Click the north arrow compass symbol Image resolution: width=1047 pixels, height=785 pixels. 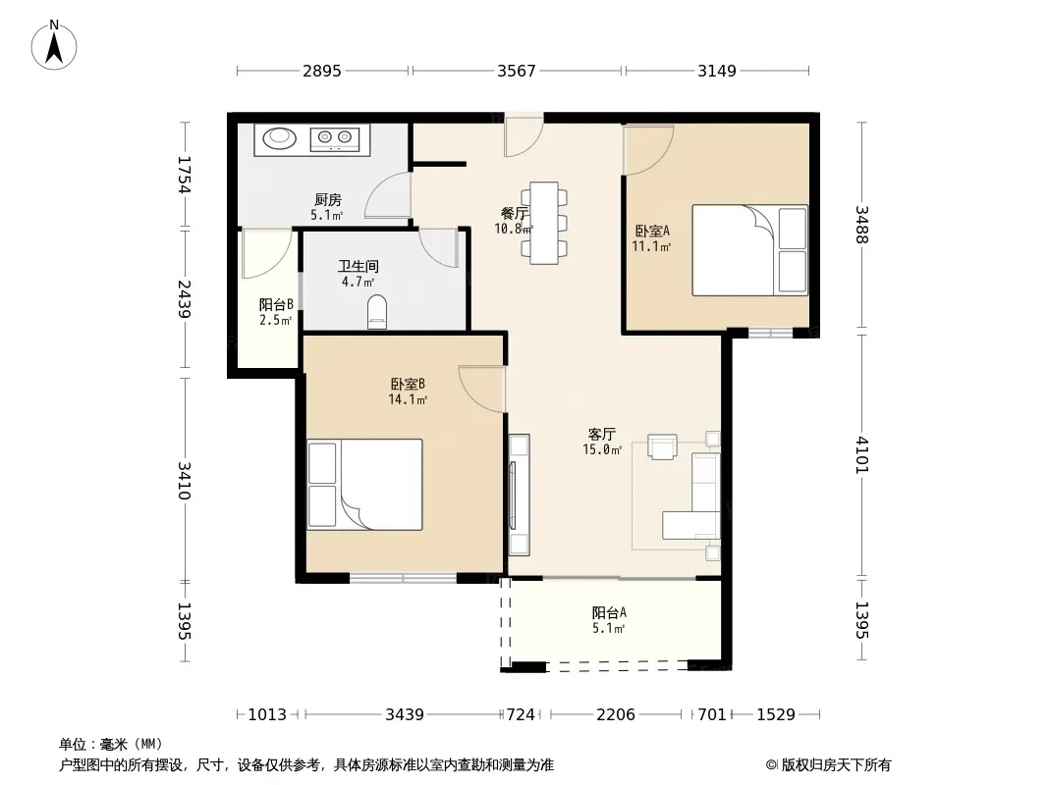(x=54, y=45)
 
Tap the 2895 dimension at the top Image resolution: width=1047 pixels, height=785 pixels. (x=322, y=71)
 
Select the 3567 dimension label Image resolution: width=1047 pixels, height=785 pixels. (x=517, y=71)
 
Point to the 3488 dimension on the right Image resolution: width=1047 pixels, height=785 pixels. (x=862, y=225)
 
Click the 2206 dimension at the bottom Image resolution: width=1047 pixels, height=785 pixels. (x=616, y=715)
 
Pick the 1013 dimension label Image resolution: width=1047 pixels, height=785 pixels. (x=267, y=715)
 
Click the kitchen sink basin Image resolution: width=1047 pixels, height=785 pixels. (x=279, y=138)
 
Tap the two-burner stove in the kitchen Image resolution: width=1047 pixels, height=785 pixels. (x=335, y=138)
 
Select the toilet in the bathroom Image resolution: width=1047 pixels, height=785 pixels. (x=377, y=311)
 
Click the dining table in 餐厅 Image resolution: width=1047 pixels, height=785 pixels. (x=544, y=223)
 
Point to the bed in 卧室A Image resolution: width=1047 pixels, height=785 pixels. (x=749, y=250)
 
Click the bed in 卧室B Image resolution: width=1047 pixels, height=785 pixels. (x=364, y=484)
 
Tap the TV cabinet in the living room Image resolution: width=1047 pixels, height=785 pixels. (x=519, y=495)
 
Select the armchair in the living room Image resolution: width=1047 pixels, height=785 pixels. (x=662, y=446)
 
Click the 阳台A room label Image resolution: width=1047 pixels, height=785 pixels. (x=609, y=612)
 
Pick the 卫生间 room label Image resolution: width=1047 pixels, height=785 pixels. (x=358, y=266)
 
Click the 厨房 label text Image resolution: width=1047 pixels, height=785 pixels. (x=328, y=199)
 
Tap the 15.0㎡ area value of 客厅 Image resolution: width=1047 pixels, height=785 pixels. (x=602, y=449)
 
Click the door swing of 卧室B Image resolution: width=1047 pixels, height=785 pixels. (x=481, y=389)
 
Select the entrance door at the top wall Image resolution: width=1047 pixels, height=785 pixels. (x=523, y=136)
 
